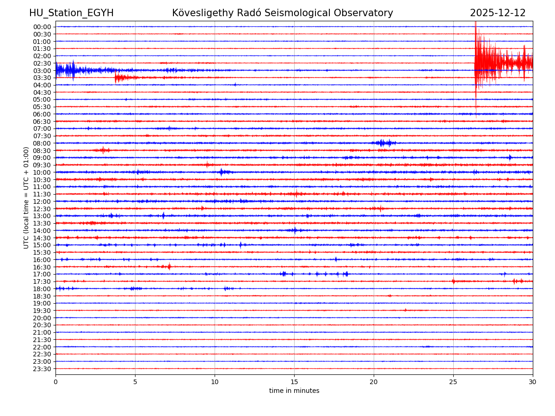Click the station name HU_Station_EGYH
click(x=71, y=13)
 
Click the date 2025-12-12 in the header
click(x=498, y=13)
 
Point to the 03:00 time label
click(x=42, y=71)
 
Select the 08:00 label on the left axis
click(x=42, y=143)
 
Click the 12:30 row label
click(x=42, y=209)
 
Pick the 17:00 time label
click(x=42, y=274)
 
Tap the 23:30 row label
click(x=42, y=369)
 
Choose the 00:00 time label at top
click(x=42, y=27)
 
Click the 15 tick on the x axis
click(x=294, y=382)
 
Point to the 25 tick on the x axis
click(x=453, y=382)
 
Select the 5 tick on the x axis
click(x=135, y=382)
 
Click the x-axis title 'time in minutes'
click(x=294, y=391)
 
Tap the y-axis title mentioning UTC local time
click(x=26, y=197)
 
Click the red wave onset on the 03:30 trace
click(x=116, y=78)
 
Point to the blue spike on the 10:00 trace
click(x=222, y=172)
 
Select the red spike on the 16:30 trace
click(x=169, y=266)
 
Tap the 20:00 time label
click(x=42, y=318)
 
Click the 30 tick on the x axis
click(x=533, y=382)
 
